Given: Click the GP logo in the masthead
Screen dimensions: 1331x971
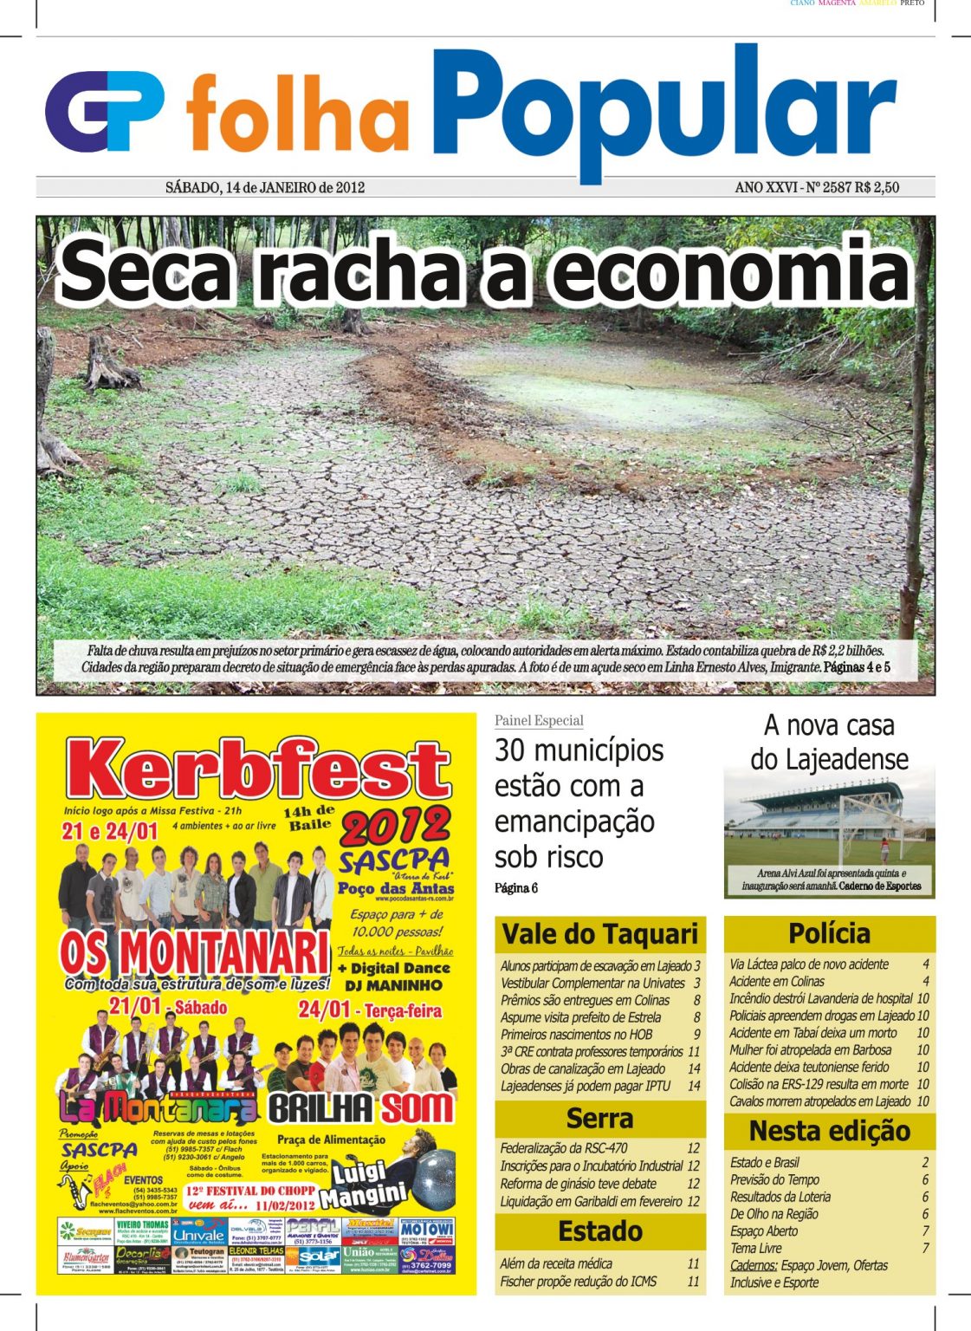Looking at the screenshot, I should click(105, 112).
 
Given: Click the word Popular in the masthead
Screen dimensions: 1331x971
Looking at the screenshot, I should click(664, 108).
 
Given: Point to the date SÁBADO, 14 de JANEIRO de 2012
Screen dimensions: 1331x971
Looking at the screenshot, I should click(264, 187).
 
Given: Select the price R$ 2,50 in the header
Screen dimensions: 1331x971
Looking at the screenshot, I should click(877, 187).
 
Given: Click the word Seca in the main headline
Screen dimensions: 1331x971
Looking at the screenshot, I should click(146, 271).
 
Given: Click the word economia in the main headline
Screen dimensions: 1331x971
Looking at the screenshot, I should click(732, 271).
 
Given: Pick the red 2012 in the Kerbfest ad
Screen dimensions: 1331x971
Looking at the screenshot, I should click(395, 828).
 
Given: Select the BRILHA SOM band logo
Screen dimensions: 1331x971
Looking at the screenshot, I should click(361, 1108).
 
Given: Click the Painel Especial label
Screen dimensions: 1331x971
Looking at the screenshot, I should click(539, 721).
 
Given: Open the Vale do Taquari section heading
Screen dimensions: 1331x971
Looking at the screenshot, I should click(599, 934).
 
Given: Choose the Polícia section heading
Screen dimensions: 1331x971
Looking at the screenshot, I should click(829, 933).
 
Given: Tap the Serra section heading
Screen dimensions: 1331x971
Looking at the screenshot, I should click(599, 1119).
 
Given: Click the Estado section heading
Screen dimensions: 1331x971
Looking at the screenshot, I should click(599, 1231).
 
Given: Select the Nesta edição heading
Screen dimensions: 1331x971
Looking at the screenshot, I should click(829, 1131).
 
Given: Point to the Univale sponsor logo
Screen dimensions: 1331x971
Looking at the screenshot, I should click(199, 1234).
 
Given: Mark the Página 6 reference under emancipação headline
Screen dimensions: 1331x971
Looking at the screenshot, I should click(516, 888).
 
